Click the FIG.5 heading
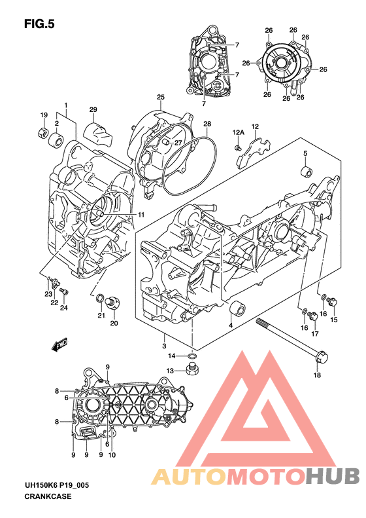coord(39,24)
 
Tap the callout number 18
coord(317,375)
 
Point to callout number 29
coord(93,109)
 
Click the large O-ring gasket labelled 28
coord(191,166)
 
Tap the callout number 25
coord(161,97)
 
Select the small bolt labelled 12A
coord(237,147)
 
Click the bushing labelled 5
coord(305,172)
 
